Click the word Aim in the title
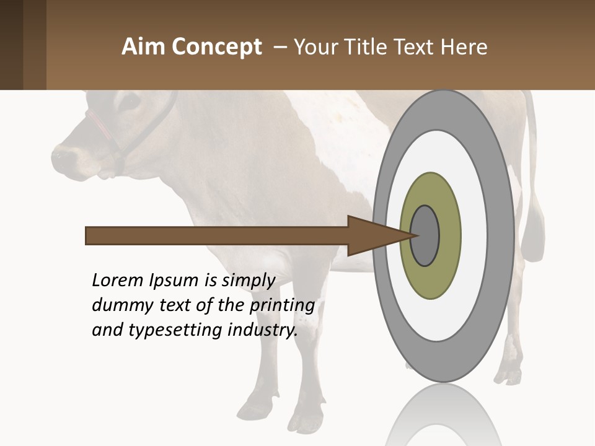click(x=144, y=47)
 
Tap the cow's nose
click(x=62, y=155)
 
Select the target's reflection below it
click(x=443, y=415)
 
